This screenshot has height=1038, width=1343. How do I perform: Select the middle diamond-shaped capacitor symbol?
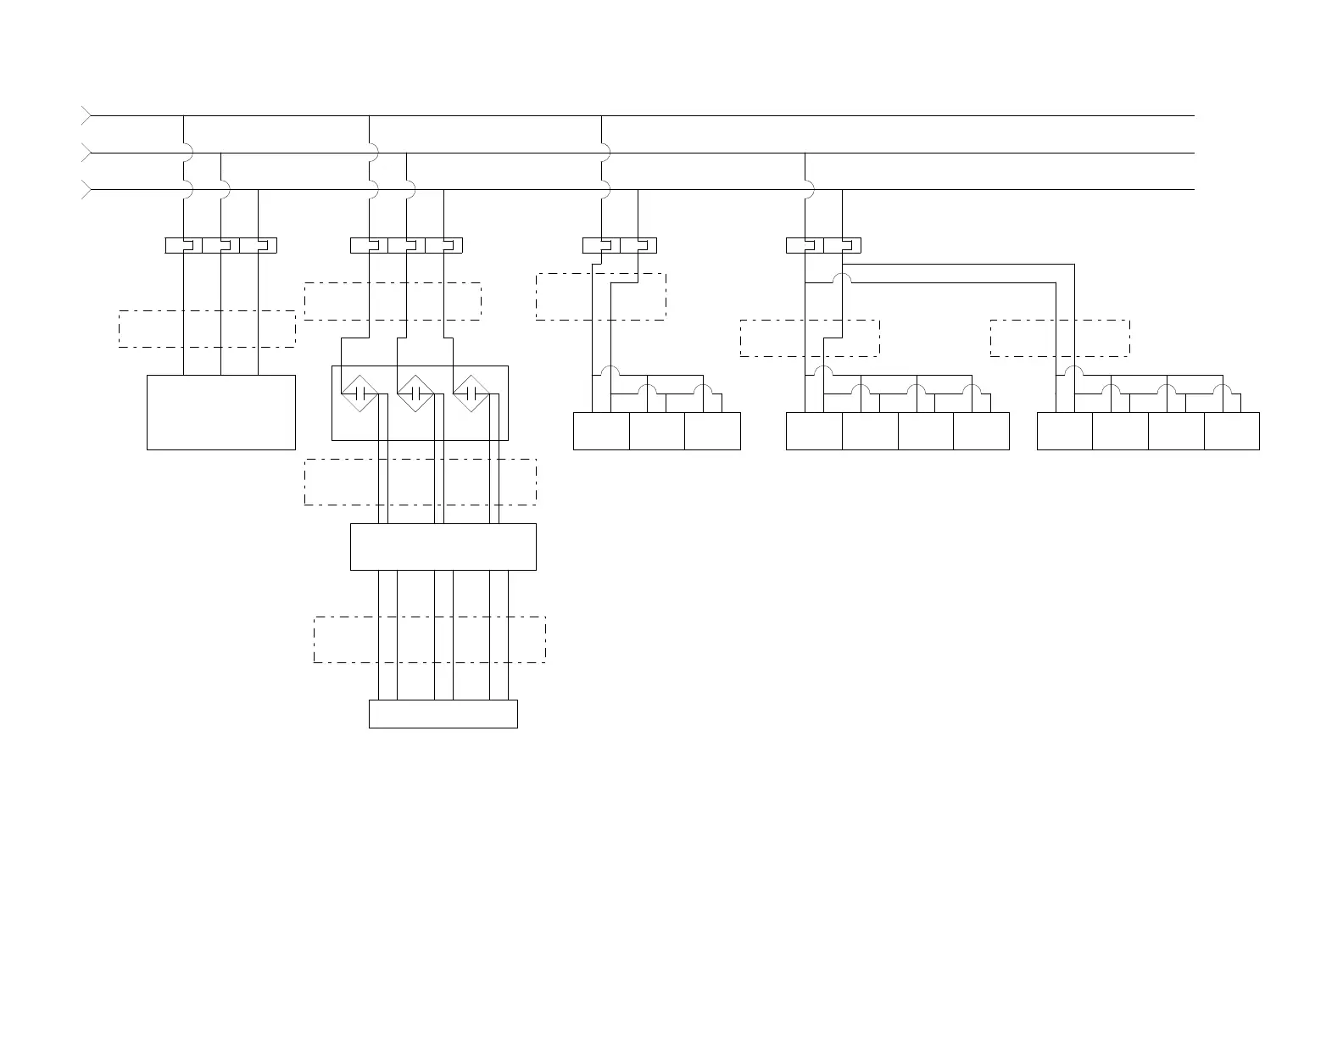[x=415, y=393]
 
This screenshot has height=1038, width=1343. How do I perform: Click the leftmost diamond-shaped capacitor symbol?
[x=359, y=393]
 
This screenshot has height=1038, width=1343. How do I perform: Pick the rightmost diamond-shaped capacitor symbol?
[x=471, y=393]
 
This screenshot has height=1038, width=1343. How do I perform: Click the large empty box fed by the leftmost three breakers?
[x=220, y=412]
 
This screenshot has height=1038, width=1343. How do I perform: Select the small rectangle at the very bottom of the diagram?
[x=443, y=713]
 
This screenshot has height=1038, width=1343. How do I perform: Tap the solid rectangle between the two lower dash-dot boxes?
[x=443, y=546]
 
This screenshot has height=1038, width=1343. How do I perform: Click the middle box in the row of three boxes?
[x=656, y=431]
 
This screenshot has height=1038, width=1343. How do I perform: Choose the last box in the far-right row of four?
[x=1231, y=431]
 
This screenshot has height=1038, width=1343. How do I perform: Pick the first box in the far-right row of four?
[x=1064, y=431]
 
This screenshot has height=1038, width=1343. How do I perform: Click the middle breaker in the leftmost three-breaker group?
[x=220, y=245]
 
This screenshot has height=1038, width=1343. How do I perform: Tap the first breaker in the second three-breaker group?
[x=369, y=245]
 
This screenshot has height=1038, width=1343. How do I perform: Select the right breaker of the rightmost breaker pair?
[x=842, y=245]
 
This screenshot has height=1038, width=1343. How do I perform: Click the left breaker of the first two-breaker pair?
[x=601, y=245]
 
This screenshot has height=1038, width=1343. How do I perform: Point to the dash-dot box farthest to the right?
[x=1059, y=338]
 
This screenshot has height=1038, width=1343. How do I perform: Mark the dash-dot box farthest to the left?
[x=207, y=329]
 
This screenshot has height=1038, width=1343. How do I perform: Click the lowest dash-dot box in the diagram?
[x=429, y=639]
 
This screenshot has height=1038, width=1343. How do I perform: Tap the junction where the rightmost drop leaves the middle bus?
[x=805, y=153]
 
